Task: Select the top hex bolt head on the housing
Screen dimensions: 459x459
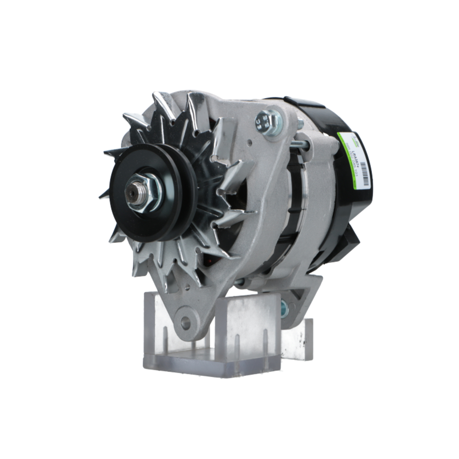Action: (x=269, y=121)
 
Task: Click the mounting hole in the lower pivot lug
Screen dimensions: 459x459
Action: (x=185, y=323)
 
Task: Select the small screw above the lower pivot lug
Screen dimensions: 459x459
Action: (x=187, y=288)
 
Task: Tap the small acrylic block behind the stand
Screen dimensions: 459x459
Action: (x=298, y=340)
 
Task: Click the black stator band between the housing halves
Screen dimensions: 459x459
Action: (x=294, y=207)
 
